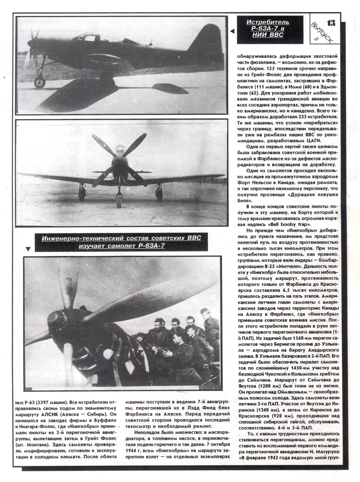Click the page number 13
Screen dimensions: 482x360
point(331,23)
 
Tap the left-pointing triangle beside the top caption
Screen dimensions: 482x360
point(232,31)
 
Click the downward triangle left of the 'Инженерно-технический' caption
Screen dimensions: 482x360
point(28,249)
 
